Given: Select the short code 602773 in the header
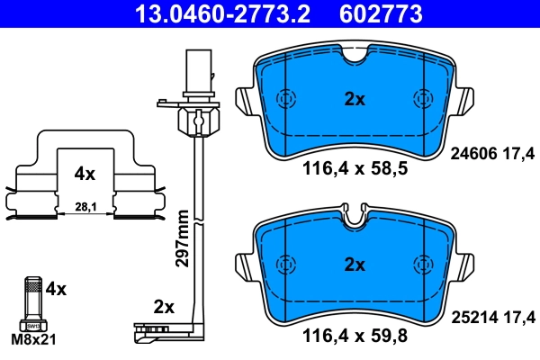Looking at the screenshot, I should coord(379,14).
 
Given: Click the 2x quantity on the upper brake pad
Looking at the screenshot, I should coord(355,100).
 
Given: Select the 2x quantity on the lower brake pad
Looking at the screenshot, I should coord(355,265).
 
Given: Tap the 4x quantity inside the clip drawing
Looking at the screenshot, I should coord(85,171).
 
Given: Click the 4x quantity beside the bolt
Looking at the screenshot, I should coord(56,289).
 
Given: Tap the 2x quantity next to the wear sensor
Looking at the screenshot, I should coord(163,307).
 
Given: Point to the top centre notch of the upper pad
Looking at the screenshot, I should coord(355,55).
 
